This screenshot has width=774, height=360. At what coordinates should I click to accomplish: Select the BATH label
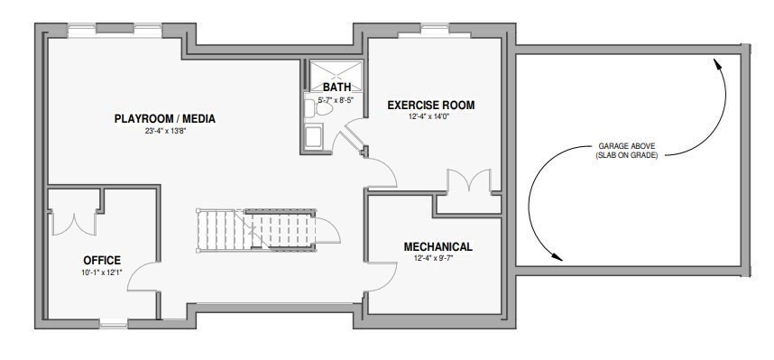(x=336, y=88)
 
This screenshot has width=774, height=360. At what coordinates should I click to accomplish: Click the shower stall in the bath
(x=336, y=71)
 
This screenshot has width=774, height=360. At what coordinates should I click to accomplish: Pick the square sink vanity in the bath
(x=315, y=136)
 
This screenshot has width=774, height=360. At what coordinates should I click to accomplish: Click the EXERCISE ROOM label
(x=430, y=105)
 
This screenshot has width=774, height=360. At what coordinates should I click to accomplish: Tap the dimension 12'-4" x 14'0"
(x=430, y=116)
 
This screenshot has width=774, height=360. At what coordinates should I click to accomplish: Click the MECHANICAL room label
(x=438, y=246)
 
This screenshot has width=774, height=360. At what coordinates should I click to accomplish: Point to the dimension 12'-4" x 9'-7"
(x=438, y=258)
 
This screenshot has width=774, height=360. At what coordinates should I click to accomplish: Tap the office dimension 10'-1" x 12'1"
(x=102, y=272)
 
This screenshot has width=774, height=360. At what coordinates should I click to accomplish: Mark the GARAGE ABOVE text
(x=627, y=145)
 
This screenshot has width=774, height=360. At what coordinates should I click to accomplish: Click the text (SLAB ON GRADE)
(x=627, y=155)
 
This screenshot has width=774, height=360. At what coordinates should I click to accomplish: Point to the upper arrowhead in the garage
(x=717, y=64)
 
